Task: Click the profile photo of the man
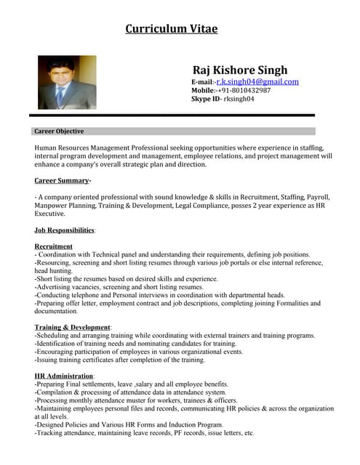[x=67, y=83]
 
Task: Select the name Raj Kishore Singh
[x=239, y=70]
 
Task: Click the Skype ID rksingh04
[x=239, y=99]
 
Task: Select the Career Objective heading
[x=59, y=132]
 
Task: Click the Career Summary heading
[x=63, y=180]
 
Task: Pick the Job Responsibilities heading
[x=65, y=230]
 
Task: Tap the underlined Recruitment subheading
[x=53, y=246]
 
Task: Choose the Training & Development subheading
[x=72, y=328]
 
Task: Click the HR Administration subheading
[x=63, y=376]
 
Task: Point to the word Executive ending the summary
[x=49, y=214]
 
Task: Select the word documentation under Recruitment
[x=56, y=311]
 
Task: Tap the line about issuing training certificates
[x=120, y=360]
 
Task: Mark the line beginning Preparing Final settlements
[x=132, y=384]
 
